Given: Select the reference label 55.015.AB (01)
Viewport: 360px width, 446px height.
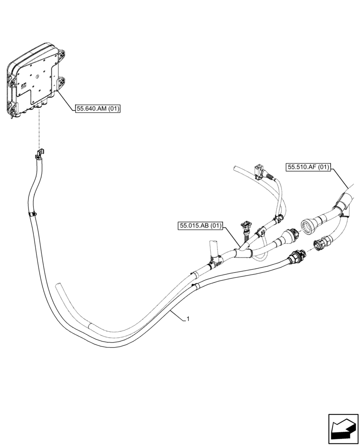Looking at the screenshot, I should [x=201, y=226].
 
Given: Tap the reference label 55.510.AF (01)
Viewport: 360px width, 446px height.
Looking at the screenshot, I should [x=308, y=167].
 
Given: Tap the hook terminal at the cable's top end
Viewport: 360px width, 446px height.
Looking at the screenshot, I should [x=39, y=155].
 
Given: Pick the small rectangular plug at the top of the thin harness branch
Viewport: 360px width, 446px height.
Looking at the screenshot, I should [x=257, y=171].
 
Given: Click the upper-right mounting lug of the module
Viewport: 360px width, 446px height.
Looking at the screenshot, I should [x=61, y=54].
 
